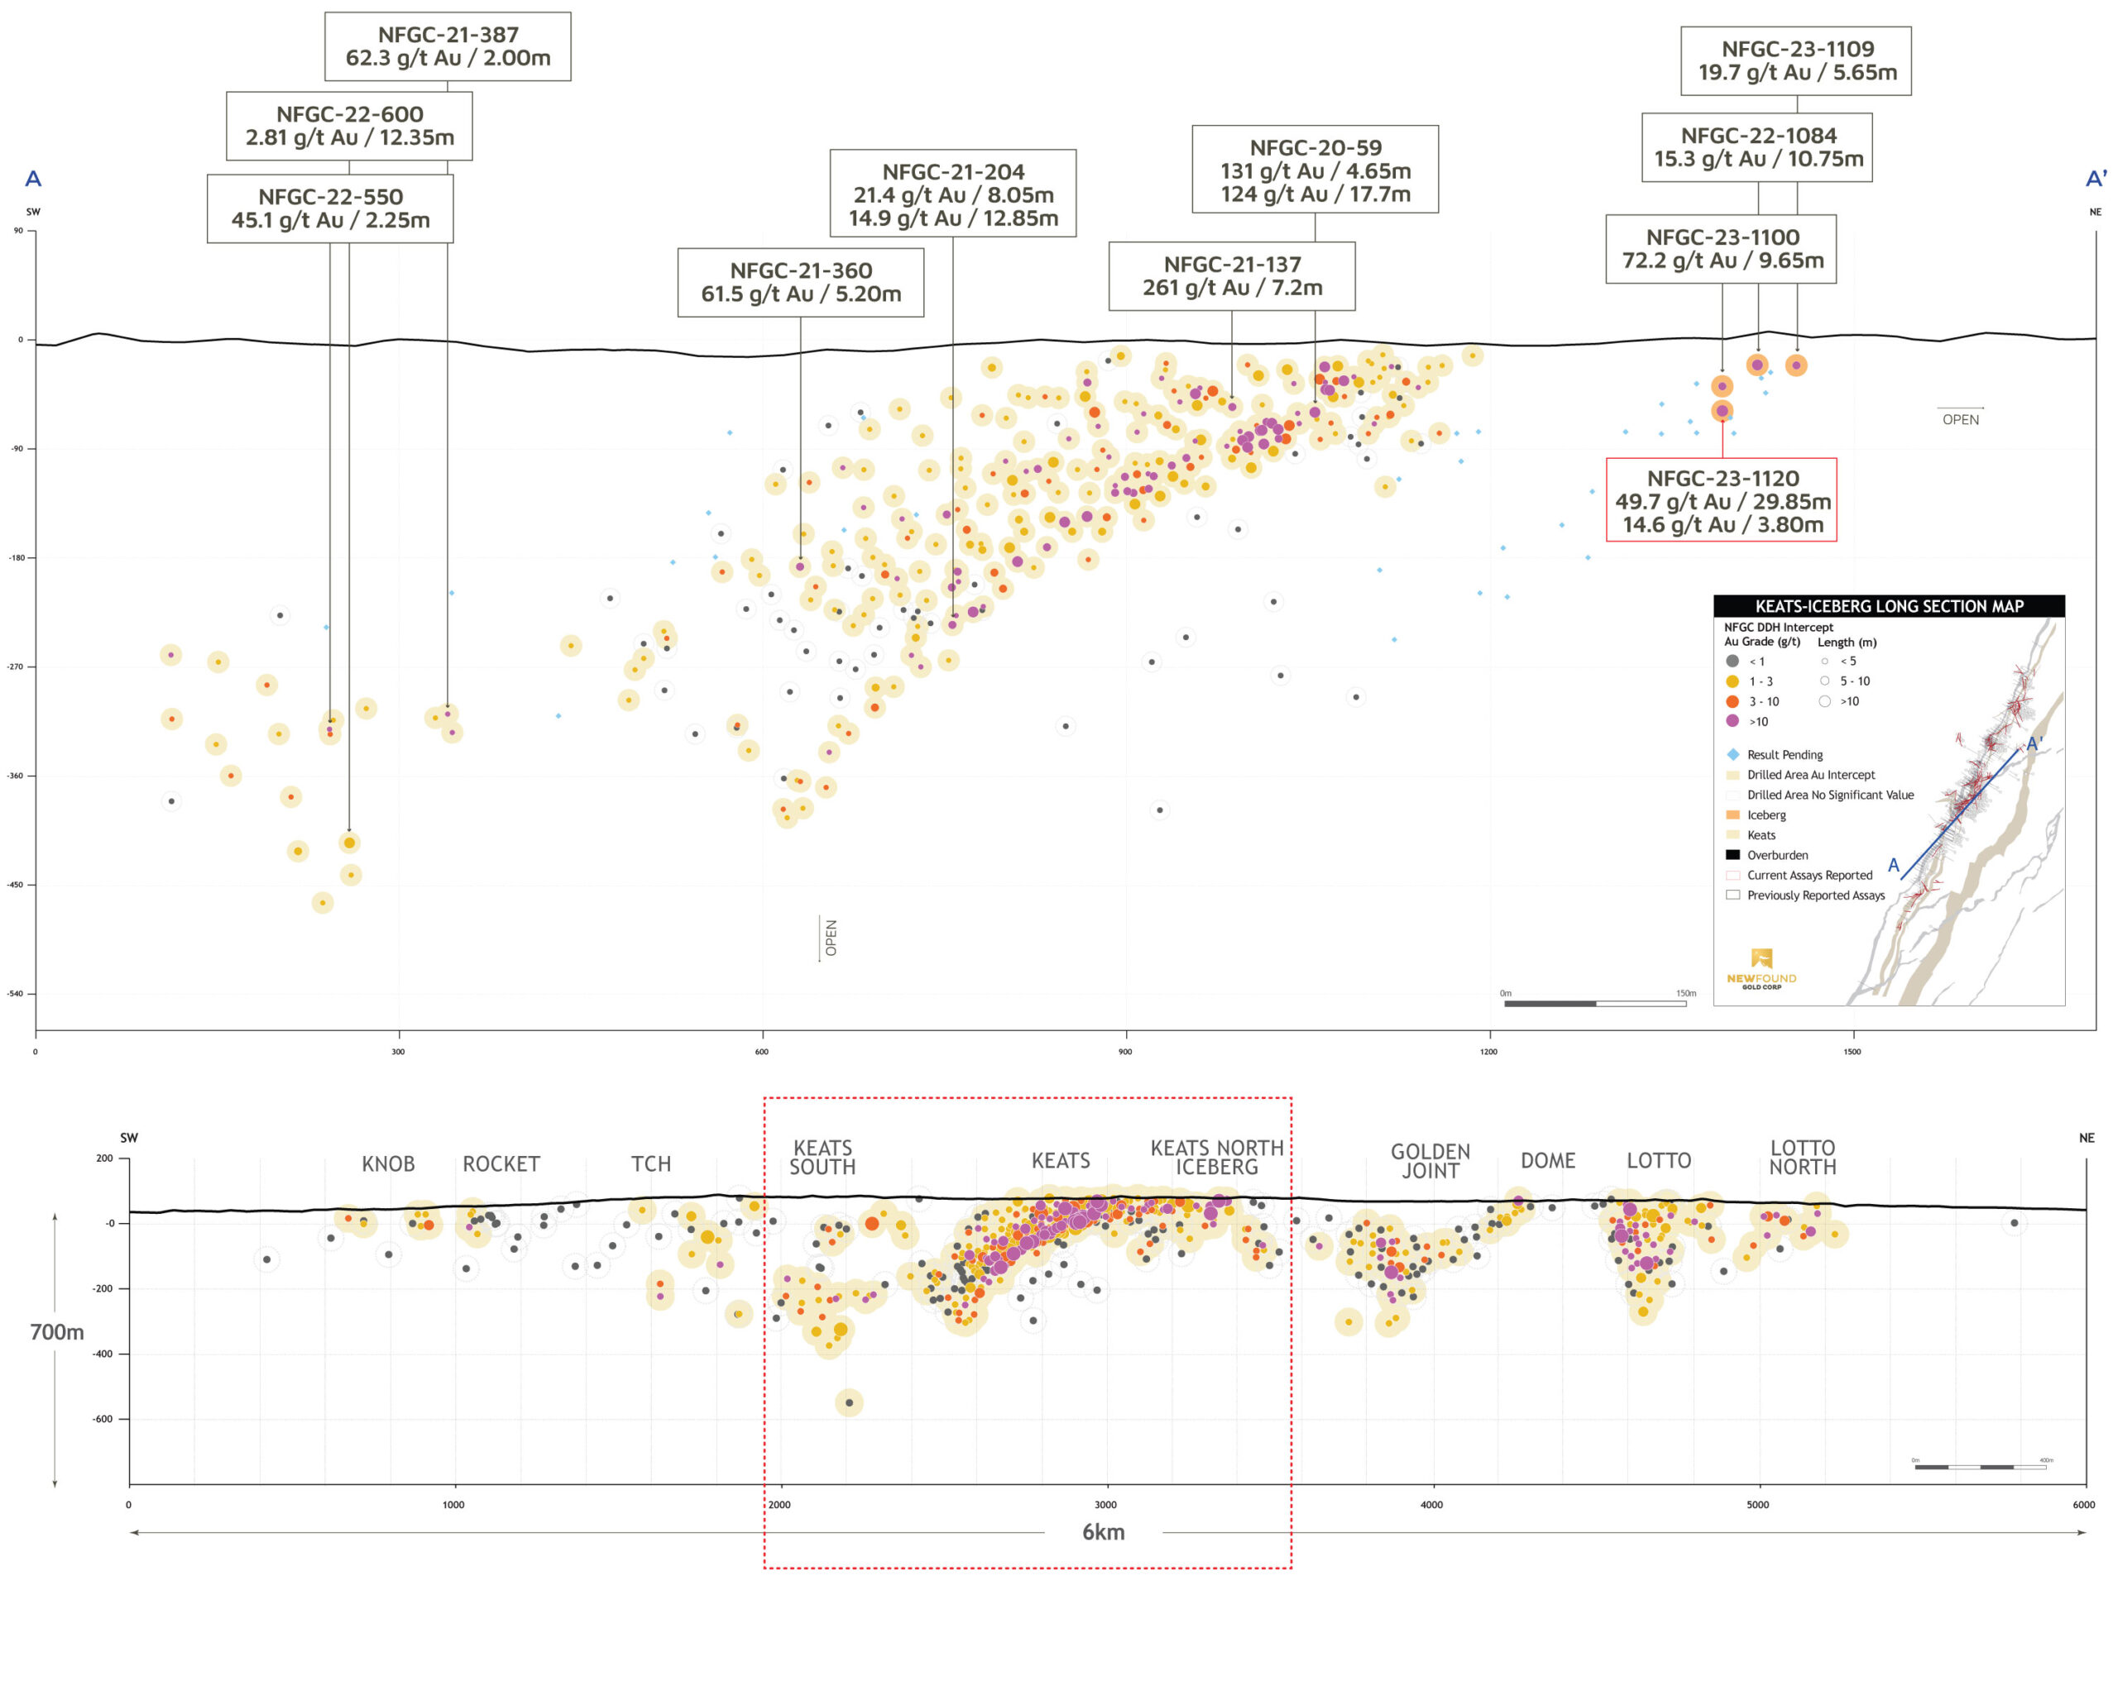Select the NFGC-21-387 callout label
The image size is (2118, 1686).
448,46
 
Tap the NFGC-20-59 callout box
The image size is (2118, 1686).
1315,170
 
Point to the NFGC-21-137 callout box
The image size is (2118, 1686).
1232,276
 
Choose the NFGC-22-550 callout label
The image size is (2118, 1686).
330,208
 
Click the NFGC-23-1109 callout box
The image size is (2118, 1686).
1797,61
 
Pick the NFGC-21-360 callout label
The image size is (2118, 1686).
801,282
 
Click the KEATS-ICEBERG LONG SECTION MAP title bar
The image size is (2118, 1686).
1888,606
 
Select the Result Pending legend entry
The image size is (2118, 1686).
1783,754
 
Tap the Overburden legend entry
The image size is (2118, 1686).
1776,855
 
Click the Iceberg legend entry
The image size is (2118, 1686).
1766,815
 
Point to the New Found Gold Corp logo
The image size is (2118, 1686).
1761,967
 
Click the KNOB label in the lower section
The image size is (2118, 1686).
388,1163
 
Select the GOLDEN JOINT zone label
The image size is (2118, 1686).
1430,1161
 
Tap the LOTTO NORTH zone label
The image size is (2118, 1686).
1803,1158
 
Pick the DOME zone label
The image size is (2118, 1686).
1547,1161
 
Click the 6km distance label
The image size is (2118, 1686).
1103,1532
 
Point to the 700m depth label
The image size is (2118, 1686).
57,1331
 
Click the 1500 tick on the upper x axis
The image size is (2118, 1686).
1852,1052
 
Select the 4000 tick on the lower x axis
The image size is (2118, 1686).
1431,1504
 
